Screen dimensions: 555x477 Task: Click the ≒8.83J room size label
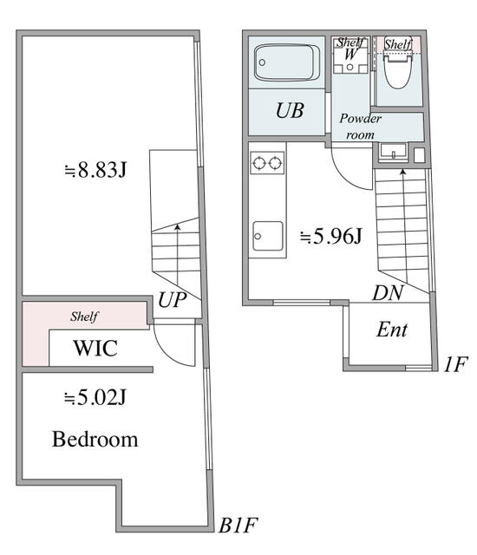tap(95, 169)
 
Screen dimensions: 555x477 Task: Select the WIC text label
tap(95, 349)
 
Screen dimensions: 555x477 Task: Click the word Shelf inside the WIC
tap(84, 317)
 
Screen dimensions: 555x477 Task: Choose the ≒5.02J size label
tap(95, 399)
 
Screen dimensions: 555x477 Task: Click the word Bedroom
tap(95, 439)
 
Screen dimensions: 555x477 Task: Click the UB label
tap(291, 111)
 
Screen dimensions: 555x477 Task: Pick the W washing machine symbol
tap(350, 54)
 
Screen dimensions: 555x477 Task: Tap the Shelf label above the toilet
tap(398, 43)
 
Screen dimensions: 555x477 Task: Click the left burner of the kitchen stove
tap(258, 161)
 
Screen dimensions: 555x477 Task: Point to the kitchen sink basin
tap(268, 235)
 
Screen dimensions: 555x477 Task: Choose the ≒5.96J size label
tap(330, 235)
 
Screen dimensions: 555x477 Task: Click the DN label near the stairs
tap(388, 293)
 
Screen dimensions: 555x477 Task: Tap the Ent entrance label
tap(391, 330)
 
